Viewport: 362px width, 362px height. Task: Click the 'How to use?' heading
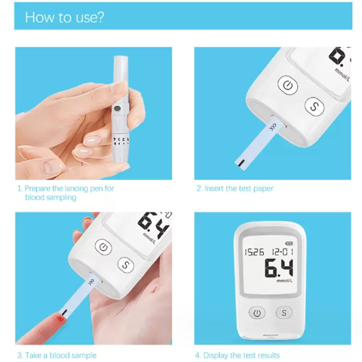click(x=64, y=17)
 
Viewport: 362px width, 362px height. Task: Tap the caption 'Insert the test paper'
click(x=235, y=188)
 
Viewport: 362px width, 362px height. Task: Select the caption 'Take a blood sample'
click(x=57, y=355)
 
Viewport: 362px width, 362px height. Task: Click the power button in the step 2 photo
click(x=287, y=85)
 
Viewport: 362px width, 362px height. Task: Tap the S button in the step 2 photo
click(x=313, y=105)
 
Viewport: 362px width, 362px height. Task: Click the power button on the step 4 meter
click(x=257, y=312)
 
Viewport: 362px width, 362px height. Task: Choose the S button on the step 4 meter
click(x=284, y=312)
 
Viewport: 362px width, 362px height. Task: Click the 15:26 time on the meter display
click(x=254, y=252)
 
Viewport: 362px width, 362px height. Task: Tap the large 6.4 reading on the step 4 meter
click(x=278, y=268)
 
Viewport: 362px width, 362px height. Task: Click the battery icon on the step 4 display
click(x=289, y=243)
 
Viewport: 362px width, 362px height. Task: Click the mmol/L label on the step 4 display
click(x=285, y=281)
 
